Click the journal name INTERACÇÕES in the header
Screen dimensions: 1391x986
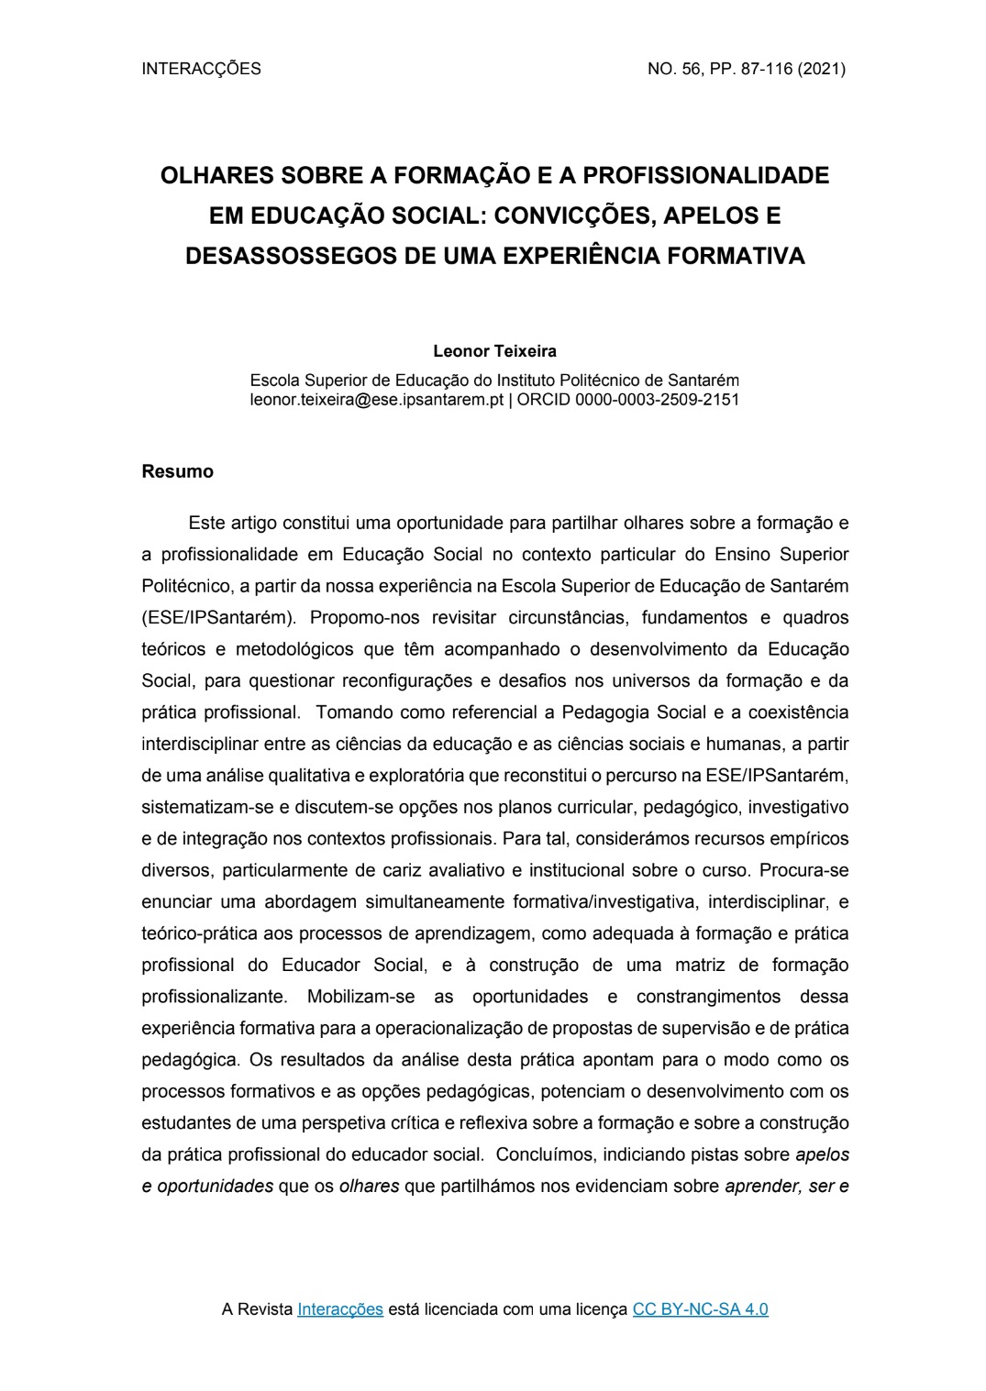[202, 69]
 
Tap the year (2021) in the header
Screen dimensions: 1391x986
[822, 69]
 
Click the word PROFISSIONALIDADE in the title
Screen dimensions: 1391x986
[706, 175]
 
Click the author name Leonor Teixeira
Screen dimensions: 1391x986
[494, 351]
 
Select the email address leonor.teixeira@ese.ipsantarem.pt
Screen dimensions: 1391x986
[376, 400]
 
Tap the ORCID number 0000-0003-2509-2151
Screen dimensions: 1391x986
[657, 400]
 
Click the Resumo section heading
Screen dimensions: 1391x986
[178, 472]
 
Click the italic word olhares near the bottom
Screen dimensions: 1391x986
[369, 1186]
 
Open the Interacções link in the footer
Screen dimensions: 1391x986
[340, 1309]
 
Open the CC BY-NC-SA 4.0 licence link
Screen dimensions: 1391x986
[701, 1309]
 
